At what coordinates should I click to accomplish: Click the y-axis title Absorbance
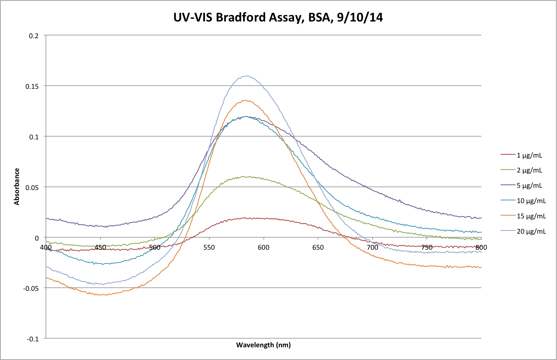[x=17, y=186]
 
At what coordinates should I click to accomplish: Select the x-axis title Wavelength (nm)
[x=263, y=345]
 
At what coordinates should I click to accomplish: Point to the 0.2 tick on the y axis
[x=34, y=36]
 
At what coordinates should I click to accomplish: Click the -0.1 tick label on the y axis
[x=33, y=339]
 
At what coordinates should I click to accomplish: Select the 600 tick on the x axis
[x=263, y=248]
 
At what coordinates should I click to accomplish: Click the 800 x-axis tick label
[x=481, y=248]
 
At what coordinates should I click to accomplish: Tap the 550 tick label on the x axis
[x=209, y=248]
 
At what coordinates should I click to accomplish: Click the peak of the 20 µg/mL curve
[x=247, y=76]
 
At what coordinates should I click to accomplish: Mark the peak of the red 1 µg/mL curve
[x=247, y=218]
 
